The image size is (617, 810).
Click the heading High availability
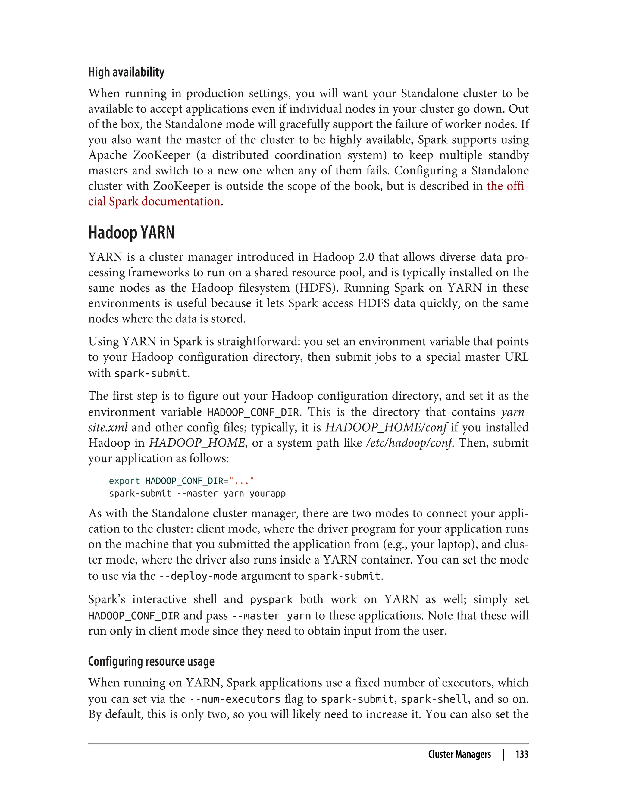(x=126, y=72)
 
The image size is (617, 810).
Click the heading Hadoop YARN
(x=131, y=233)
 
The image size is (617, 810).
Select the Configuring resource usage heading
(x=151, y=661)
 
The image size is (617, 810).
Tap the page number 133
(x=521, y=754)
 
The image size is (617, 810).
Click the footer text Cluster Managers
(x=459, y=754)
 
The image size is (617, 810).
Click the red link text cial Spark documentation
(x=154, y=201)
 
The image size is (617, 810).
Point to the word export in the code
(x=124, y=481)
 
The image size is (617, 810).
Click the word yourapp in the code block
(x=267, y=493)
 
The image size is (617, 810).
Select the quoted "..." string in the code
(x=241, y=481)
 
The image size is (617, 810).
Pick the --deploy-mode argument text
(x=198, y=576)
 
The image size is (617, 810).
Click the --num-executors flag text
(x=235, y=699)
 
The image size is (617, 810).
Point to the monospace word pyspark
(x=271, y=600)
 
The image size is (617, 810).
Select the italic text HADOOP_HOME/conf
(x=386, y=427)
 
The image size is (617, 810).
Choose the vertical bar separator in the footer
(x=503, y=754)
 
